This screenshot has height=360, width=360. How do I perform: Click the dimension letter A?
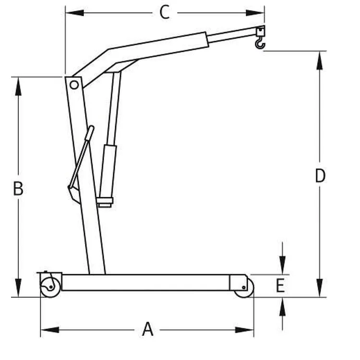tap(147, 329)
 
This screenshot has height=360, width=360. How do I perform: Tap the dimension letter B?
tap(18, 189)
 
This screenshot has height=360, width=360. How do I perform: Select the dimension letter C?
tap(165, 12)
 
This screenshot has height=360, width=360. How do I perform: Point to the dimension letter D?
tap(320, 176)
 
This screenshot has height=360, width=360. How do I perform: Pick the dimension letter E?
tap(280, 286)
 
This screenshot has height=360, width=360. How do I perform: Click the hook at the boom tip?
tap(260, 44)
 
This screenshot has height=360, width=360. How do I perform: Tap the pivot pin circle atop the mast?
tap(74, 85)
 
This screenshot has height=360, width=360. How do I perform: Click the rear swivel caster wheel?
tap(50, 287)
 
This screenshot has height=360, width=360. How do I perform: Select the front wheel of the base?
tap(245, 288)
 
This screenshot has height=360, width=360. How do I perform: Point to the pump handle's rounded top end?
tap(92, 128)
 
